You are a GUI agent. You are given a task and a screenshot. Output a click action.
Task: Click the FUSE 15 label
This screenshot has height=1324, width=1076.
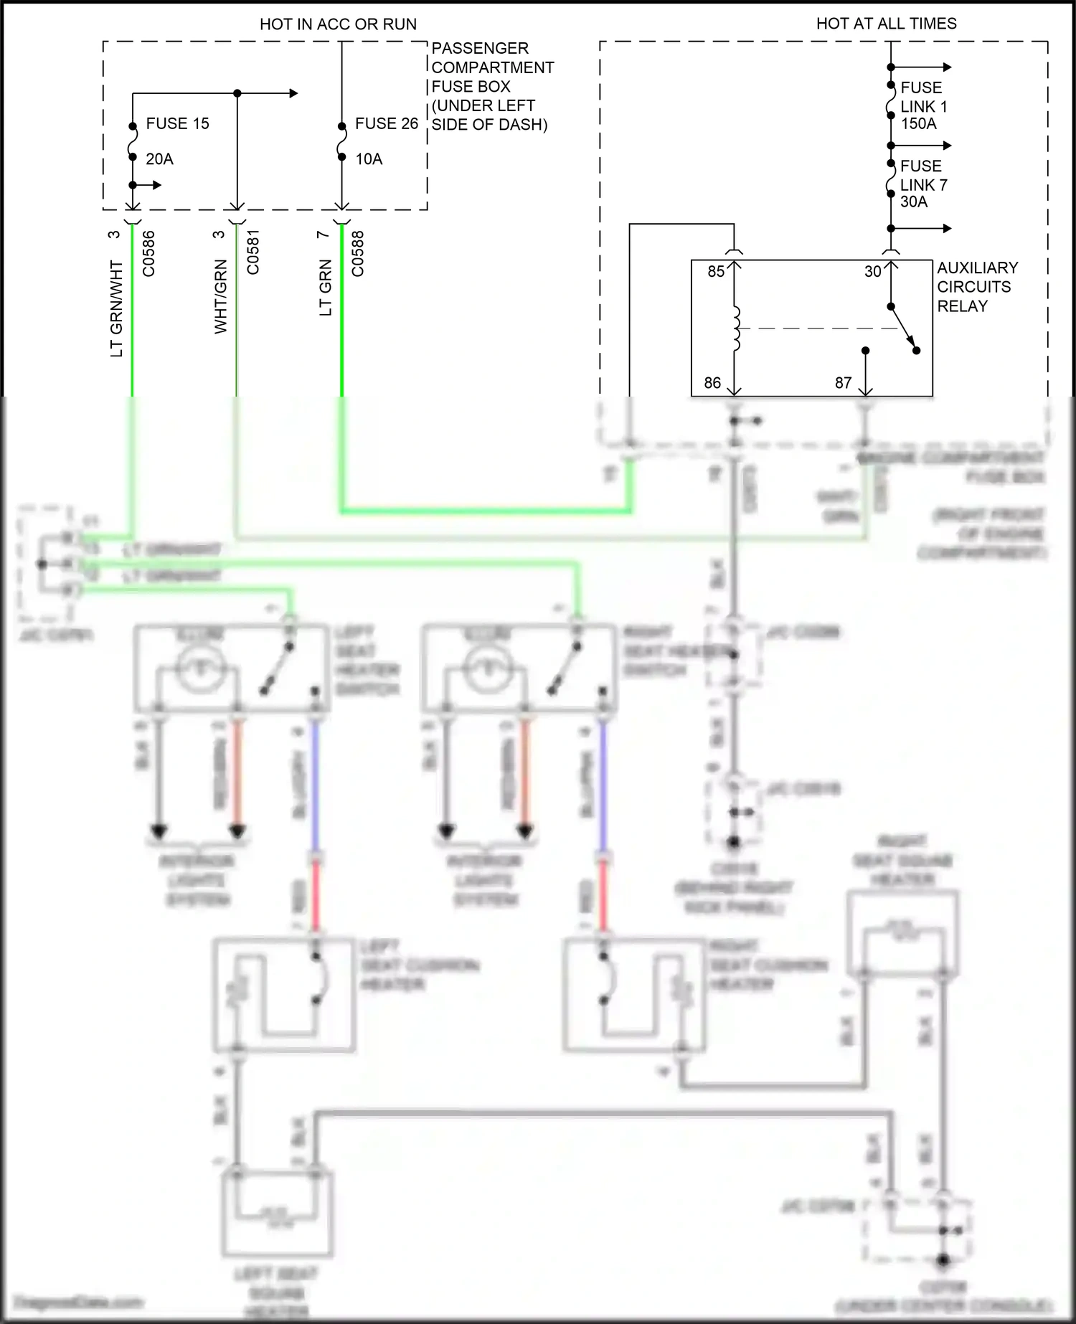[177, 123]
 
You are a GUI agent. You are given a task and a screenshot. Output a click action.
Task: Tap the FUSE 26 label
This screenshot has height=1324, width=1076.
[386, 123]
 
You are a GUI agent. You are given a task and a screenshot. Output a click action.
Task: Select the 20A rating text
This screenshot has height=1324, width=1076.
[159, 159]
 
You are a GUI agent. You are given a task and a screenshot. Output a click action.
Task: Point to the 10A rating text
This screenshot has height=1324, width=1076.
[369, 159]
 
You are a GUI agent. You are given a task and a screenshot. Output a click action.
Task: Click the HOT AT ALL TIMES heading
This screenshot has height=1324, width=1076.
[886, 24]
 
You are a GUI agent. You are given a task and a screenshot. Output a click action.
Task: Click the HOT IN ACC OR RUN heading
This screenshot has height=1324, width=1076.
[338, 24]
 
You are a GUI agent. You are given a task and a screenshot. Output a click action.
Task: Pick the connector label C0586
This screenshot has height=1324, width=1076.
[148, 253]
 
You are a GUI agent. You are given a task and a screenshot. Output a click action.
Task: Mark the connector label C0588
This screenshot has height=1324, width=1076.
[358, 253]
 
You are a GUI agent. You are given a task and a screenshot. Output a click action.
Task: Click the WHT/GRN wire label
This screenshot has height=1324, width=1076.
[220, 296]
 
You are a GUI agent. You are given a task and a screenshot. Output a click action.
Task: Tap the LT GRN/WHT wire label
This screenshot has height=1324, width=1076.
[116, 308]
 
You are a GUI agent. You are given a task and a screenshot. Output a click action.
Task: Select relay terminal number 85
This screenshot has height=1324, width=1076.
[716, 272]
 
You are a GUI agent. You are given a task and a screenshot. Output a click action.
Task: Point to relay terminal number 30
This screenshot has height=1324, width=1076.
[872, 272]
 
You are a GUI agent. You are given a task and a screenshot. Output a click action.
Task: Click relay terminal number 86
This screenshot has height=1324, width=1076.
[712, 383]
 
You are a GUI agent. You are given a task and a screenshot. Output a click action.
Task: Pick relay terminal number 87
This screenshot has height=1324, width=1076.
[843, 383]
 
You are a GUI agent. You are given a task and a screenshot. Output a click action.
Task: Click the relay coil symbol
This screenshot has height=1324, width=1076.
[735, 329]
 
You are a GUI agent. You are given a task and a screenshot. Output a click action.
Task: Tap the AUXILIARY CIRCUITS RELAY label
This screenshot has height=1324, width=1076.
[977, 287]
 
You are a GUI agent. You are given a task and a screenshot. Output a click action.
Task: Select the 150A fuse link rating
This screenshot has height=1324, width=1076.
[918, 123]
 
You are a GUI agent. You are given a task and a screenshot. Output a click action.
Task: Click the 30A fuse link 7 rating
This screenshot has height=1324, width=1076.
[913, 202]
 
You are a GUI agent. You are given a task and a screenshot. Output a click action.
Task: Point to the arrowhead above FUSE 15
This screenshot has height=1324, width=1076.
[293, 93]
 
